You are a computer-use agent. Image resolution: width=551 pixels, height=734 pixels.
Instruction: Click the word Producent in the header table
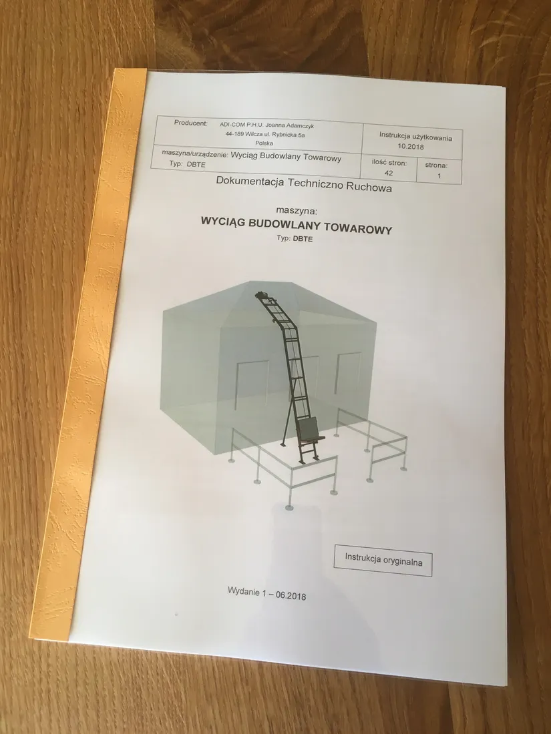190,123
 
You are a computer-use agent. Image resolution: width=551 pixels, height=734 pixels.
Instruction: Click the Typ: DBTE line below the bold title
295,238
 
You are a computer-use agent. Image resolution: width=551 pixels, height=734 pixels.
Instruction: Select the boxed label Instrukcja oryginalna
383,559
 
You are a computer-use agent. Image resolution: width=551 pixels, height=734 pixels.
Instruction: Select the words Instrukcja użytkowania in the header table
415,135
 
